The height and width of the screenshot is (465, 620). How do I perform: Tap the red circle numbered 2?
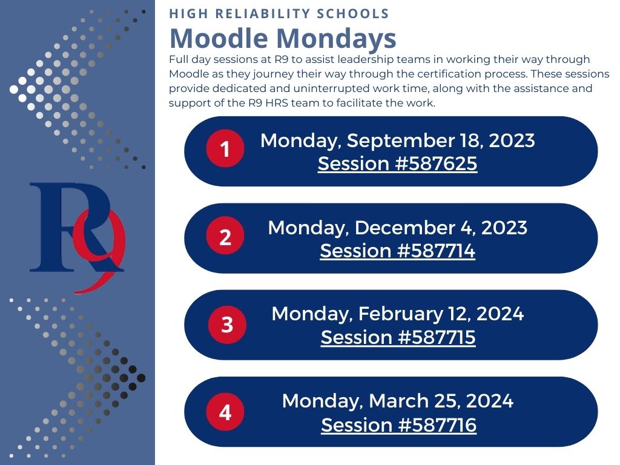pos(225,237)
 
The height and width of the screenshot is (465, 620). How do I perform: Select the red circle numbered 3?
pos(227,325)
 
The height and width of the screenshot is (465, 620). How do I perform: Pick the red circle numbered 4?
pos(225,413)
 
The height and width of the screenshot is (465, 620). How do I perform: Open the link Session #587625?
pos(397,163)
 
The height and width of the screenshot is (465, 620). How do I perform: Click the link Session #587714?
pos(397,251)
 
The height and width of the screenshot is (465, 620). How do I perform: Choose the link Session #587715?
pos(398,337)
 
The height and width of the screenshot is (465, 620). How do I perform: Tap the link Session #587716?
pos(398,425)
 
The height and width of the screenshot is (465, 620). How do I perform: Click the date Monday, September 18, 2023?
pos(397,140)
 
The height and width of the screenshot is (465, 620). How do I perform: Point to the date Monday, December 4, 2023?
pos(397,228)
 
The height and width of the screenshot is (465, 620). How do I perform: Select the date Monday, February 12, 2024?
pos(397,314)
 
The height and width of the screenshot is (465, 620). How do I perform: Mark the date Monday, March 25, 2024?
pos(397,401)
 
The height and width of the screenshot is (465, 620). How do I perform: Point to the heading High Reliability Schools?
pos(279,14)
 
